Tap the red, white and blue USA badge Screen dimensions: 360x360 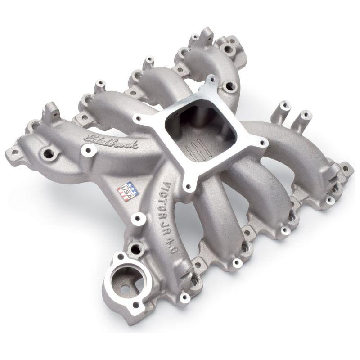128,191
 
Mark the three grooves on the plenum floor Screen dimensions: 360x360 200,151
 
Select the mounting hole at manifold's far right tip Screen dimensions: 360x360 345,169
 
